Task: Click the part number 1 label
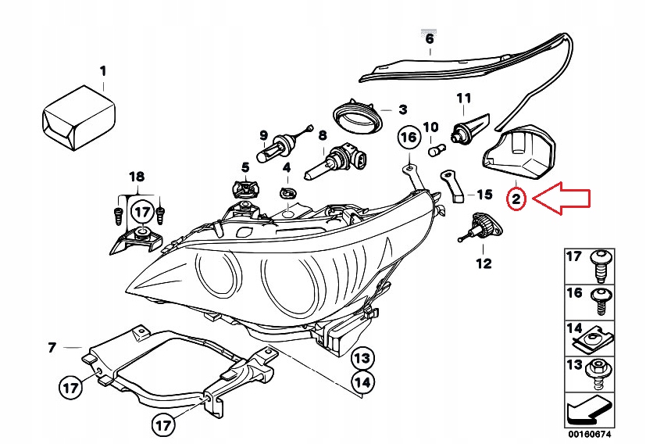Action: click(102, 72)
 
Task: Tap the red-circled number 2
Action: click(516, 200)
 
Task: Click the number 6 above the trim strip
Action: click(429, 38)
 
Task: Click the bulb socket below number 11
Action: click(466, 129)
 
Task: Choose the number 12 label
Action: click(484, 263)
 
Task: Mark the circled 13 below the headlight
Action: click(362, 359)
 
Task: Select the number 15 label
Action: click(485, 195)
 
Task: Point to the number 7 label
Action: click(52, 347)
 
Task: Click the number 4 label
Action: click(287, 167)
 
